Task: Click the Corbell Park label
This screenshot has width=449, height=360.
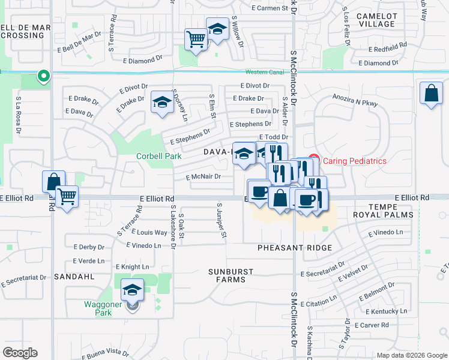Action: tap(159, 156)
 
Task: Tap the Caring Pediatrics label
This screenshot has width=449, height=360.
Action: tap(355, 161)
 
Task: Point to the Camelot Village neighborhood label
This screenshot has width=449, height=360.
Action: tap(376, 20)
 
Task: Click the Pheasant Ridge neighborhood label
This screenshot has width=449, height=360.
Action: tap(295, 248)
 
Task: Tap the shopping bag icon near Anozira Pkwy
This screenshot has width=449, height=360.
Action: tap(431, 94)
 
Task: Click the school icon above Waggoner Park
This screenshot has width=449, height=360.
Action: tap(132, 290)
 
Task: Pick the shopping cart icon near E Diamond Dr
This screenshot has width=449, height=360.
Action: tap(196, 40)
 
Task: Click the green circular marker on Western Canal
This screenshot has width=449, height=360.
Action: tap(43, 76)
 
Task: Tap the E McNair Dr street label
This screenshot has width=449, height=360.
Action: tap(203, 177)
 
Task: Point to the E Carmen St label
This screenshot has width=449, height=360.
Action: tap(269, 8)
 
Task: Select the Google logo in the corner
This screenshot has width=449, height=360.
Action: tap(20, 353)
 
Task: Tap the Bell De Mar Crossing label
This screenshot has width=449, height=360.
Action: tap(22, 31)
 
